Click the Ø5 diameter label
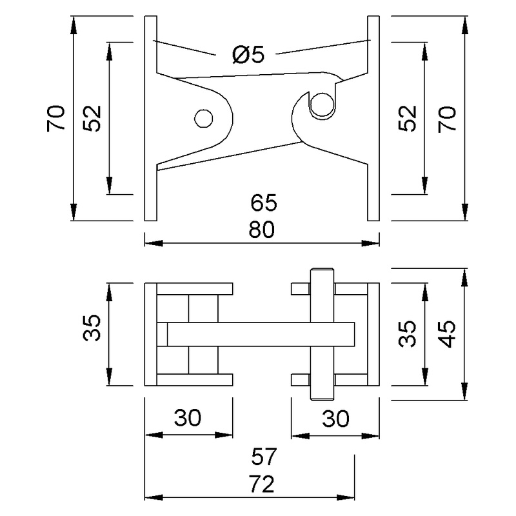(248, 55)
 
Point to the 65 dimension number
(264, 203)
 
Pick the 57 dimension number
(264, 458)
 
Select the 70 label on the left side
(57, 118)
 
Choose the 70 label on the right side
(447, 118)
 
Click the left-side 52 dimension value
(94, 118)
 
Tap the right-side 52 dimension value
(408, 118)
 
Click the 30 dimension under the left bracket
(188, 419)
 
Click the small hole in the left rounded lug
(204, 118)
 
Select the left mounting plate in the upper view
(150, 118)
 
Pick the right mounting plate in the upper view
(373, 118)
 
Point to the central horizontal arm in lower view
(258, 333)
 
